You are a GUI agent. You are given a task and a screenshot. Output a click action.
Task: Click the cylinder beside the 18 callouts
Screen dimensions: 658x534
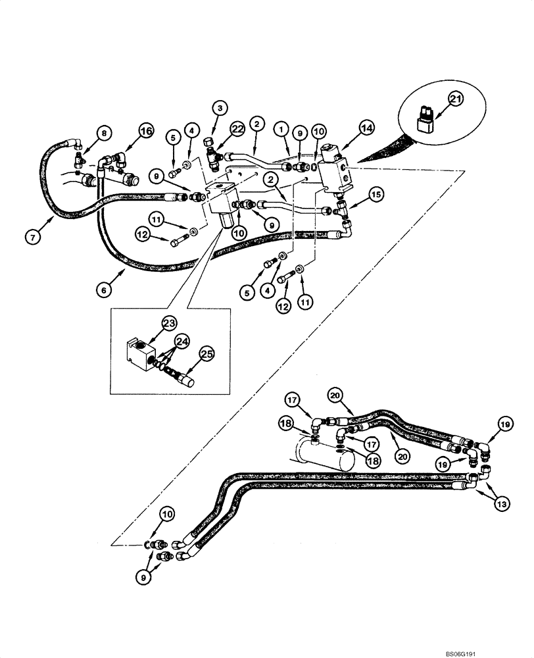pyautogui.click(x=322, y=458)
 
